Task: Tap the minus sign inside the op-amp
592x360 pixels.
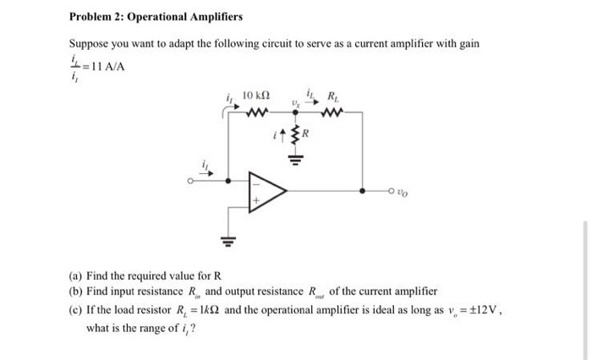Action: (x=253, y=179)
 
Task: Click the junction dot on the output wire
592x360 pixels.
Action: (x=363, y=191)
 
